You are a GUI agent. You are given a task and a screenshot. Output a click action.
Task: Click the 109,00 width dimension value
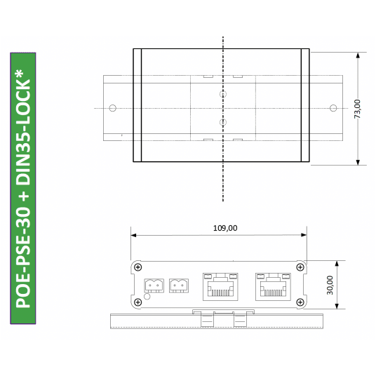click(x=224, y=228)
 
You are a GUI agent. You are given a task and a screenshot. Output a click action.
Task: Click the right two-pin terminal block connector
click(x=180, y=286)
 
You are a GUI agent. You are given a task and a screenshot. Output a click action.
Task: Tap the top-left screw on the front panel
click(x=138, y=267)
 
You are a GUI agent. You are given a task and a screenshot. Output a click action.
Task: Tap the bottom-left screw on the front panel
click(x=138, y=302)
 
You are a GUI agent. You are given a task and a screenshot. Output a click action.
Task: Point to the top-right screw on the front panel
click(x=301, y=267)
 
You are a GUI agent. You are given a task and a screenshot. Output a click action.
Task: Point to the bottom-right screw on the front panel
click(x=301, y=302)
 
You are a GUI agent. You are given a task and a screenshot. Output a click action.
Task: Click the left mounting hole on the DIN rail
click(x=112, y=108)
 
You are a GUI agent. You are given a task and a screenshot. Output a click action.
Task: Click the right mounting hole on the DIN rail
click(x=333, y=108)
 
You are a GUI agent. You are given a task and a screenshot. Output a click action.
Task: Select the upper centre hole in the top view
click(x=223, y=93)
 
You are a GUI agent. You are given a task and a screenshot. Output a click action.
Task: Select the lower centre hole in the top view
click(x=223, y=122)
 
